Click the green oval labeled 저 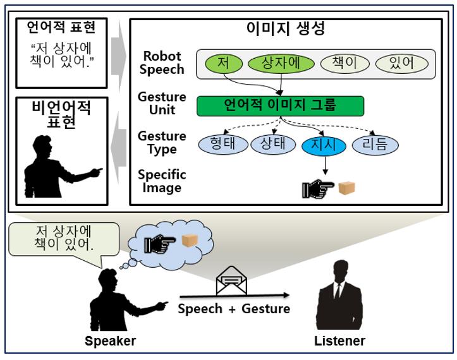click(224, 64)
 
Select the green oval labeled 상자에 click(281, 64)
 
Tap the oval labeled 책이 click(344, 64)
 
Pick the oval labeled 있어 click(401, 64)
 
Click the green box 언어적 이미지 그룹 click(281, 106)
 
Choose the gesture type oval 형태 click(223, 144)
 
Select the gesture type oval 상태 click(273, 144)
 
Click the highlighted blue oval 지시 click(324, 145)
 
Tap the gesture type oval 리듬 click(375, 145)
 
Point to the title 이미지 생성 click(286, 28)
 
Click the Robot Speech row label click(162, 63)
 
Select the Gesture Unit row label click(162, 103)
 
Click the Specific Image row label click(162, 181)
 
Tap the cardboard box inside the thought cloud click(190, 241)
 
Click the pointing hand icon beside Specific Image click(318, 189)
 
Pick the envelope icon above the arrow click(231, 280)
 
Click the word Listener click(339, 341)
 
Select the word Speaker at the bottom click(110, 341)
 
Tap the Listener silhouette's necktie click(338, 292)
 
